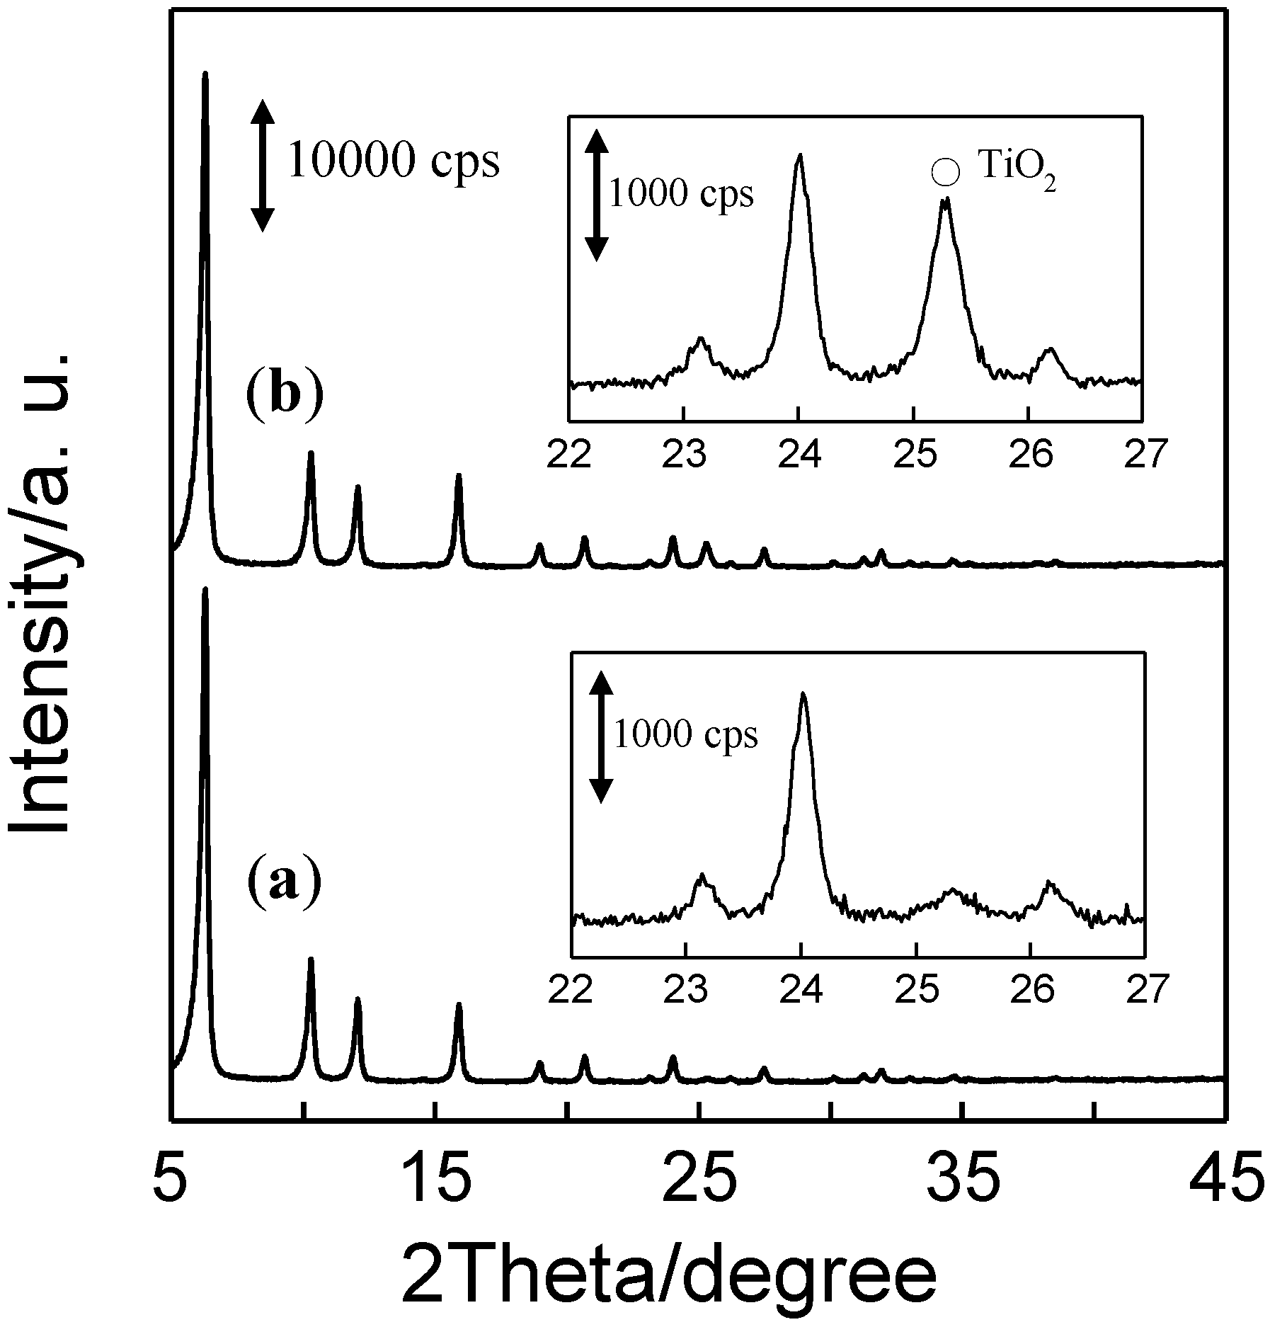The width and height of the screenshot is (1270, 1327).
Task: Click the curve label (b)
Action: [x=284, y=399]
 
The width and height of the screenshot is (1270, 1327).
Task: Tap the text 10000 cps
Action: [x=394, y=161]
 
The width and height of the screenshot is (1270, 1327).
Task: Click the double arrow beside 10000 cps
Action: [x=263, y=166]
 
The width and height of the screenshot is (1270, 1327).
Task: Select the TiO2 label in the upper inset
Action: [x=1017, y=173]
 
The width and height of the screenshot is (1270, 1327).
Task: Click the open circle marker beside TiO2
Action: [x=946, y=173]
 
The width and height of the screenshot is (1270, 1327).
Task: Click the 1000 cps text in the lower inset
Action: [x=685, y=734]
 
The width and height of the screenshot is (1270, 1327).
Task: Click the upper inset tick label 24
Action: [x=799, y=455]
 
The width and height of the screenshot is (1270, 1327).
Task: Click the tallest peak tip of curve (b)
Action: [x=205, y=73]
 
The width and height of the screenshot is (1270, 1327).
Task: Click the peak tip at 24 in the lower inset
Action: [x=803, y=693]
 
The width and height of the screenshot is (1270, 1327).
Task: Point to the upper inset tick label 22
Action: [x=569, y=455]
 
